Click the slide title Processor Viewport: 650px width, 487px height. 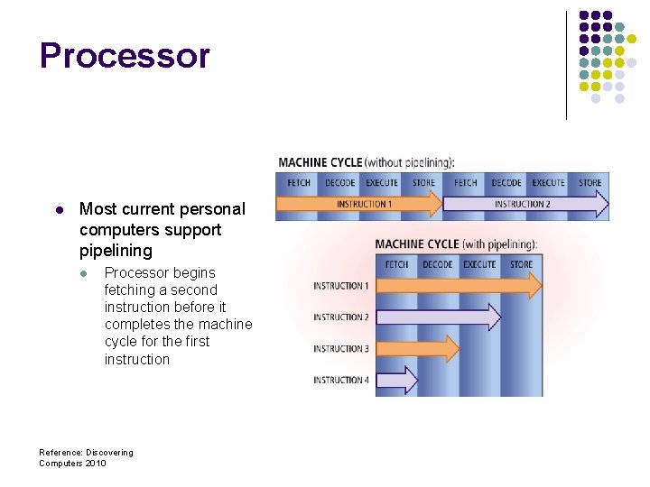coord(125,56)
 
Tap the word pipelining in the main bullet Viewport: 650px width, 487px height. coord(116,251)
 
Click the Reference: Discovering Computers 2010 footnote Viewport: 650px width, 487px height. coord(86,457)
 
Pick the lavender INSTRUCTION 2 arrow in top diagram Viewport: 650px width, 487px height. coord(525,205)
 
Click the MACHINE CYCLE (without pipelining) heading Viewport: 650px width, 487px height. coord(366,162)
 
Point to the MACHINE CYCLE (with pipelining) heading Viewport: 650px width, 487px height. coord(456,244)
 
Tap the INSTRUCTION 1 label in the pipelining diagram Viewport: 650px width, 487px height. coord(341,286)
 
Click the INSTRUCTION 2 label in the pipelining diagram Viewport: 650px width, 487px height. coord(341,317)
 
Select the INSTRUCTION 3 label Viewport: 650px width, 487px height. coord(341,349)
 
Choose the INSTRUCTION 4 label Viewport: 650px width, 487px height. coord(341,381)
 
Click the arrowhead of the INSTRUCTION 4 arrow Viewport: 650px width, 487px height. coord(410,381)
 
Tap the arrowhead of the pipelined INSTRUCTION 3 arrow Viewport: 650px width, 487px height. coord(450,349)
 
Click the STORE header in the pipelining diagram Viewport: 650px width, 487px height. coord(521,264)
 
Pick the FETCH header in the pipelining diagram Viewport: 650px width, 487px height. coord(396,264)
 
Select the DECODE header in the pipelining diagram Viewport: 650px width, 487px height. coord(438,264)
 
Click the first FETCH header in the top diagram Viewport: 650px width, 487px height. coord(299,183)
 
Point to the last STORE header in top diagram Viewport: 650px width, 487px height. coord(590,183)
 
